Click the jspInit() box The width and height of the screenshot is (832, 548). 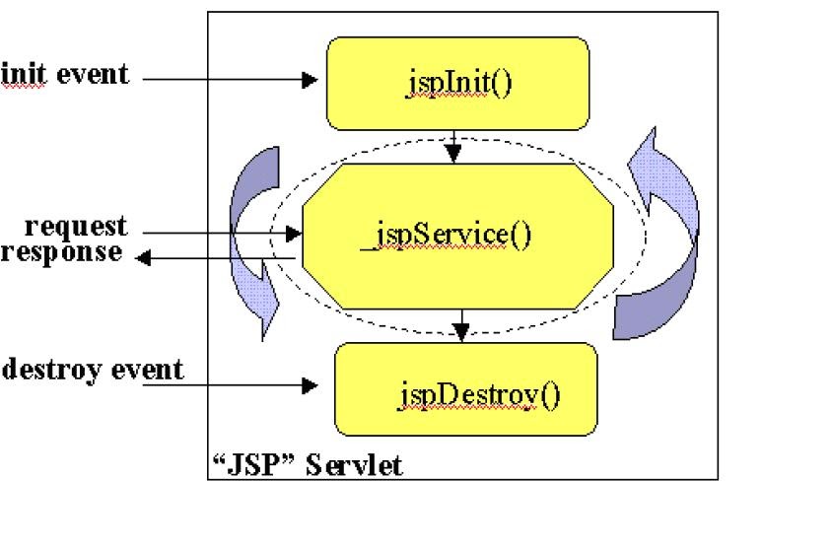point(457,84)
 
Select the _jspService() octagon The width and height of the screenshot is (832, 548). point(457,237)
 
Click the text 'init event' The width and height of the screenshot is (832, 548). point(65,74)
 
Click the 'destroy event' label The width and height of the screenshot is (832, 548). point(93,370)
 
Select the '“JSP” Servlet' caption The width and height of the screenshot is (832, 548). point(307,463)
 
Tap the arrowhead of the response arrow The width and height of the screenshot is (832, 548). point(141,258)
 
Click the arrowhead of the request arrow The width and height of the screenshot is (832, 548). point(293,234)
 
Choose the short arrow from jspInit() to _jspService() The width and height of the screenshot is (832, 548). point(452,146)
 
